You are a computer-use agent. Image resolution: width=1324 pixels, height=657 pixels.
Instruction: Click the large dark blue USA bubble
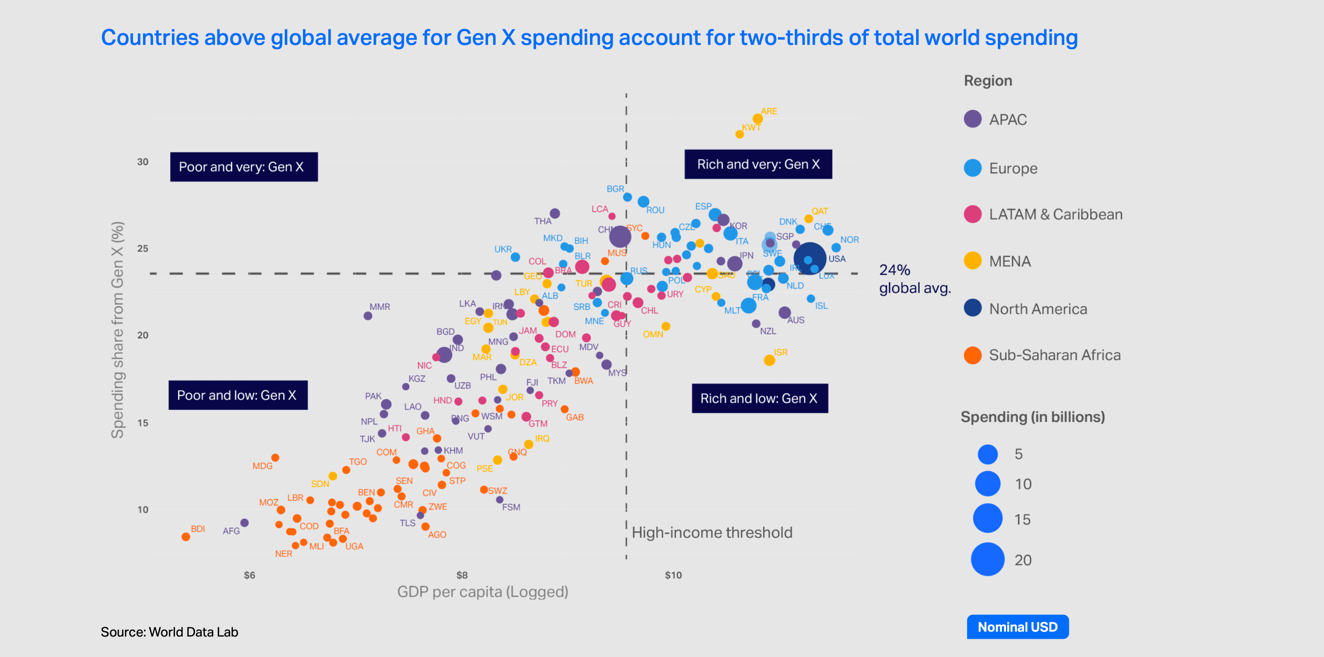(x=809, y=258)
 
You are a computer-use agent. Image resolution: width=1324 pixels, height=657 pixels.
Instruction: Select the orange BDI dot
(x=186, y=536)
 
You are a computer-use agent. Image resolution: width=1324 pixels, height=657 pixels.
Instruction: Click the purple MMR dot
(x=367, y=316)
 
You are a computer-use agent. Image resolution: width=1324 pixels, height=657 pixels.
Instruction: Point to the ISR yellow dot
(x=769, y=360)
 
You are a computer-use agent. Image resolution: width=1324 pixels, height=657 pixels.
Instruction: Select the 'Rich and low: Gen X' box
(x=759, y=398)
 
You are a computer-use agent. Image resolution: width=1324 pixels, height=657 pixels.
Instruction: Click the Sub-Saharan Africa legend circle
(x=973, y=355)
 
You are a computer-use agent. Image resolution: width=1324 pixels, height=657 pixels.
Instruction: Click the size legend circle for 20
(x=987, y=559)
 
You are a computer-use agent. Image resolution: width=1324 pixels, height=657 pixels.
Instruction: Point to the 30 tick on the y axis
(x=142, y=161)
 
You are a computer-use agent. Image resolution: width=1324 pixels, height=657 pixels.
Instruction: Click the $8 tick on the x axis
(x=462, y=575)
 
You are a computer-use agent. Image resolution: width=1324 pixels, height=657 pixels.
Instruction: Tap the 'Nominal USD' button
(x=1017, y=627)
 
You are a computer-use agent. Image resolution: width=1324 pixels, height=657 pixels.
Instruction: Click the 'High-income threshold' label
(x=711, y=532)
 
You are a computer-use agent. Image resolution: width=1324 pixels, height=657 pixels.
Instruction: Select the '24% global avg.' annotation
(x=914, y=279)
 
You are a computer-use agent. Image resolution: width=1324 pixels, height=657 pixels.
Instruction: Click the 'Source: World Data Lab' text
(x=169, y=632)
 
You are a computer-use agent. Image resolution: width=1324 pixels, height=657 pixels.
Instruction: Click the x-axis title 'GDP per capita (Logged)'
(x=482, y=592)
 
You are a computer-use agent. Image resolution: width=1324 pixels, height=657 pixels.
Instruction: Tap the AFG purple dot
(x=245, y=522)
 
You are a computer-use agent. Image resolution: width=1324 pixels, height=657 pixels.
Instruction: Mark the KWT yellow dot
(x=739, y=134)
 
